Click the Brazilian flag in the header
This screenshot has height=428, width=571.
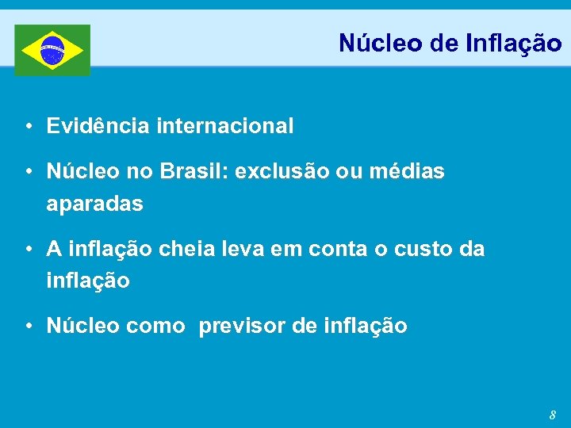pos(52,50)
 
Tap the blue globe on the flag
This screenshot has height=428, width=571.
pos(52,50)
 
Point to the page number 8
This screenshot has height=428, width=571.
pos(553,415)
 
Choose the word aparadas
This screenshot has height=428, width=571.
pos(95,204)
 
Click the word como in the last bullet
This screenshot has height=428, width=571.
pos(155,326)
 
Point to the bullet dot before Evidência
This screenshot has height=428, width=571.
pos(29,126)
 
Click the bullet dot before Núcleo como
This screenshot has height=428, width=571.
pos(29,327)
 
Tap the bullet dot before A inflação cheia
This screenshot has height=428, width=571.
pos(29,250)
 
